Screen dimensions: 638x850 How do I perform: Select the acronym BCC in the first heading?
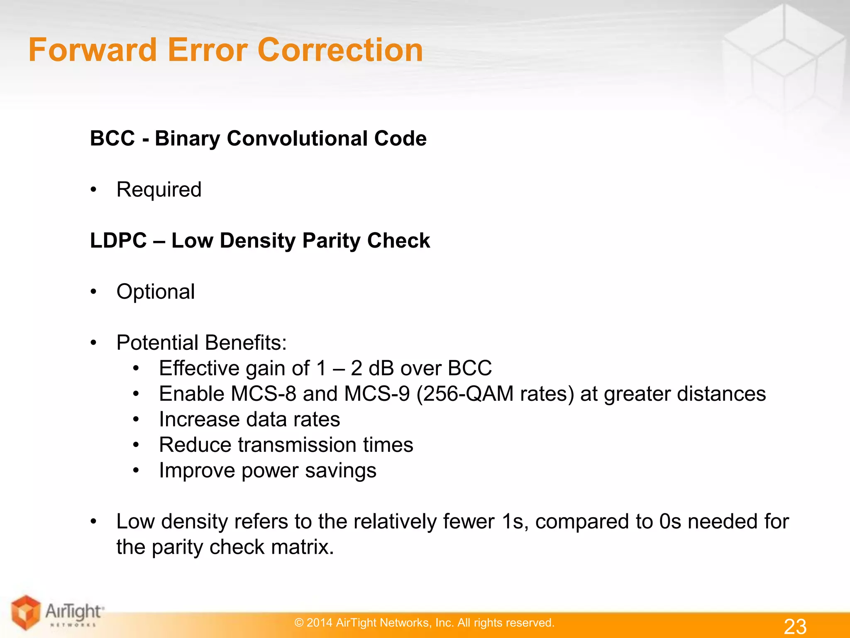(x=112, y=138)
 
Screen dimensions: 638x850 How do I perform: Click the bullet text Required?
(x=159, y=190)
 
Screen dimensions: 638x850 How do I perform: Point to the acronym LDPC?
(x=118, y=240)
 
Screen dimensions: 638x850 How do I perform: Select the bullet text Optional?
(x=156, y=292)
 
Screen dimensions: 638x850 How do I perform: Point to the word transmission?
(x=297, y=445)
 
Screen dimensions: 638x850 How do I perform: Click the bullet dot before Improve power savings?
(x=136, y=471)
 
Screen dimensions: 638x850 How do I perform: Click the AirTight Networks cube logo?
(x=26, y=612)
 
